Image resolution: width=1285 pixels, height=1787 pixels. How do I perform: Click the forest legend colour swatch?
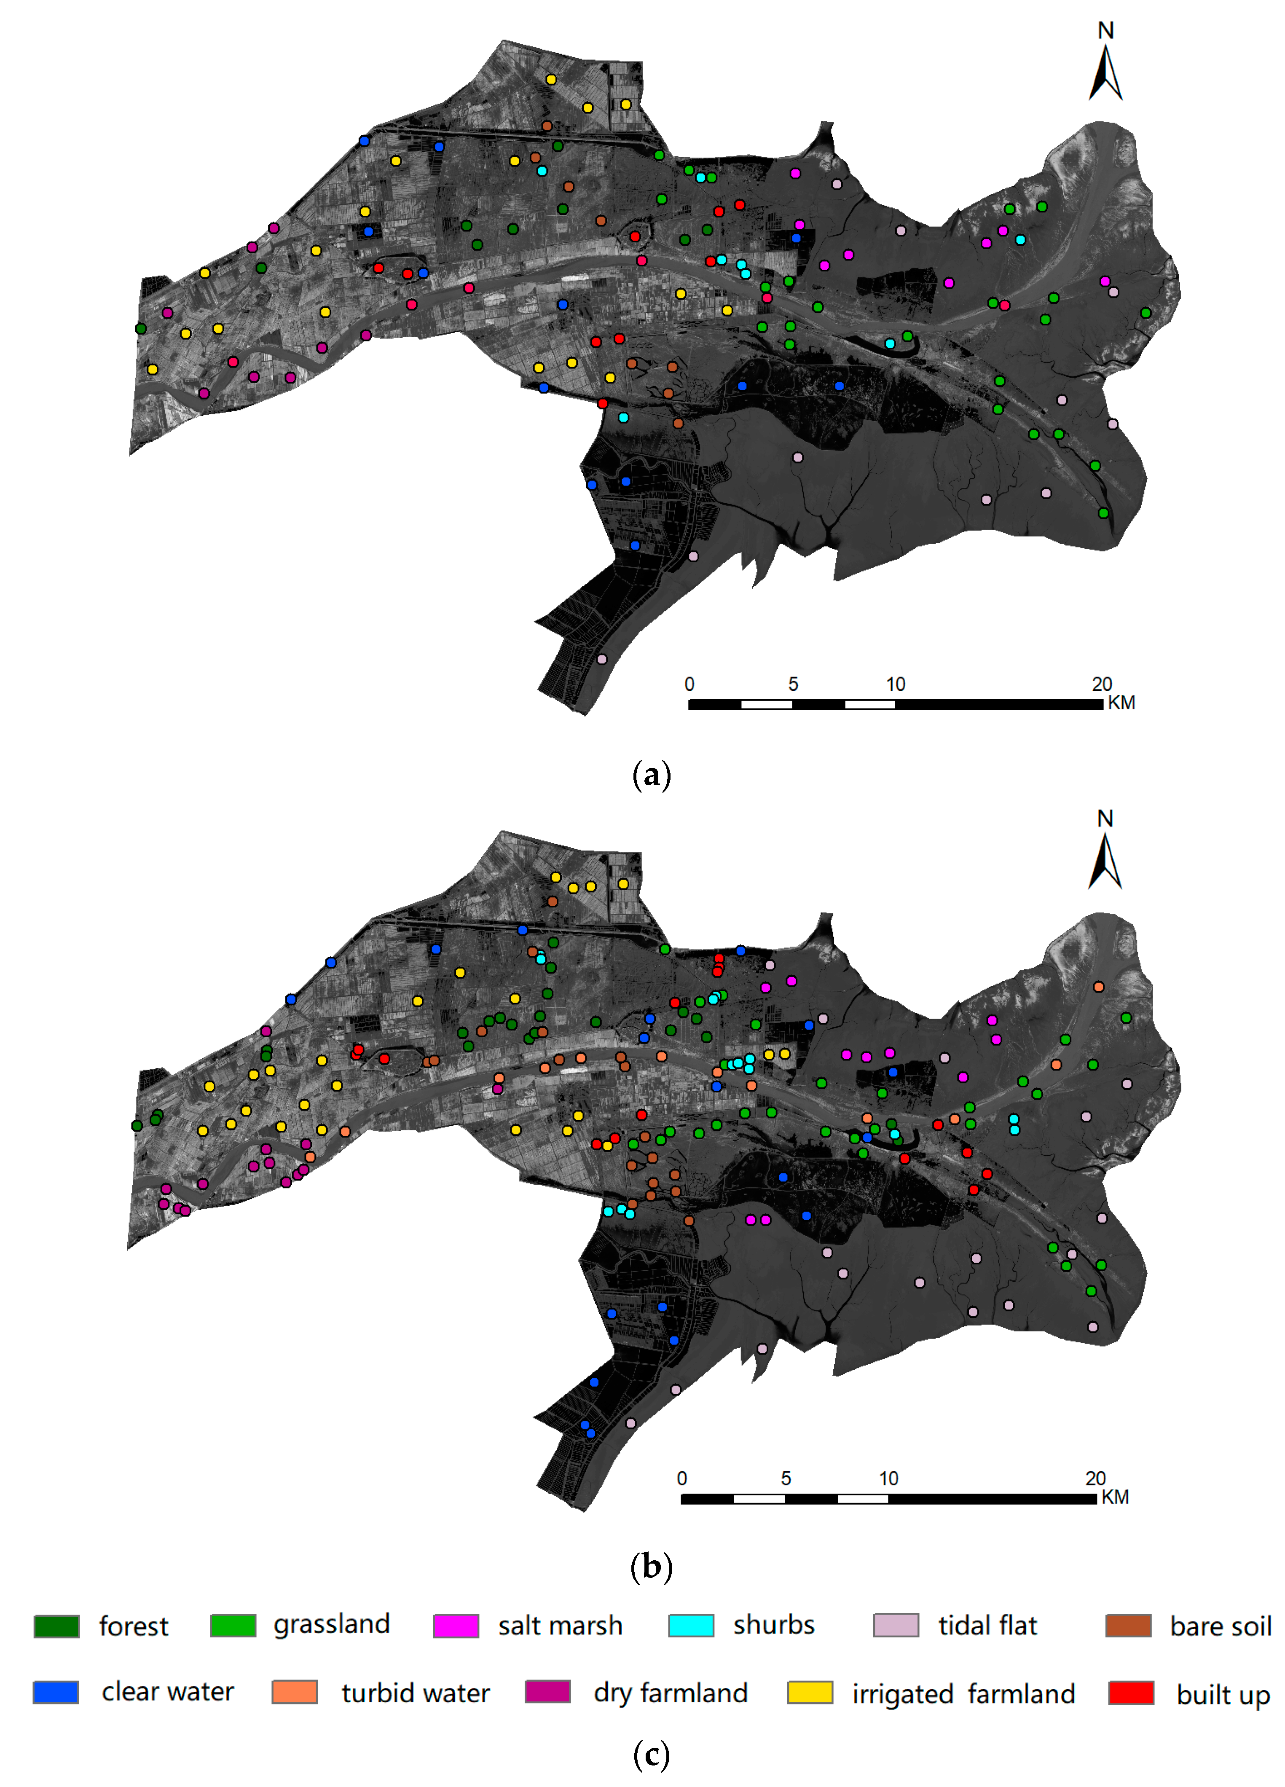point(56,1626)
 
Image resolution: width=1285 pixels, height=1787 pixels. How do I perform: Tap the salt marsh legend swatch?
point(456,1626)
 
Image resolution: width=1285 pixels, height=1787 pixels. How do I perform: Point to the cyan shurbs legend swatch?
point(690,1625)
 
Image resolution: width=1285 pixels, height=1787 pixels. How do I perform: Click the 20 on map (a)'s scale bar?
point(1101,684)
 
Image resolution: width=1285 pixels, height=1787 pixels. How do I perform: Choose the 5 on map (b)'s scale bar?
point(786,1478)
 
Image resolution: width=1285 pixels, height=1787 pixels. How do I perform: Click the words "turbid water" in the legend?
point(415,1693)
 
